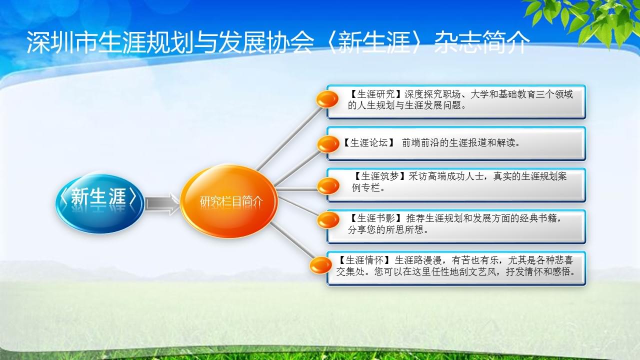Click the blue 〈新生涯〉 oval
tap(99, 203)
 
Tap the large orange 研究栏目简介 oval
tap(229, 201)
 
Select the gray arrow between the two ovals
tap(162, 203)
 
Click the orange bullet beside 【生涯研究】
tap(327, 99)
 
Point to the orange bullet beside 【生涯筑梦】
tap(328, 186)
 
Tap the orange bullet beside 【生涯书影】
tap(328, 219)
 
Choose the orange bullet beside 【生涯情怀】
tap(321, 265)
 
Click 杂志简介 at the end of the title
tap(482, 42)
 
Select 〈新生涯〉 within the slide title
tap(374, 42)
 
